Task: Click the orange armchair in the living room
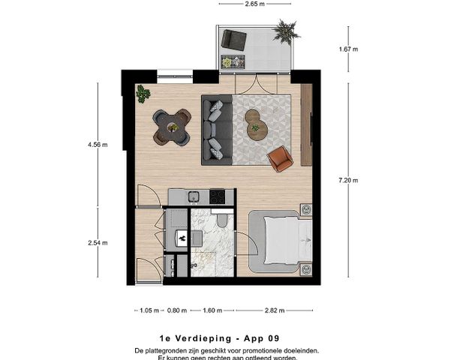click(281, 157)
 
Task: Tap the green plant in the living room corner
click(143, 94)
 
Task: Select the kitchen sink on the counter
click(193, 196)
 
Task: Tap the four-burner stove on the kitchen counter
click(217, 196)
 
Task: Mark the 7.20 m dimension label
click(348, 180)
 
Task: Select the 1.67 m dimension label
click(348, 49)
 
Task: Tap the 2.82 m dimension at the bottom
click(274, 309)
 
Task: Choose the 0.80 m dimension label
click(177, 309)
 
